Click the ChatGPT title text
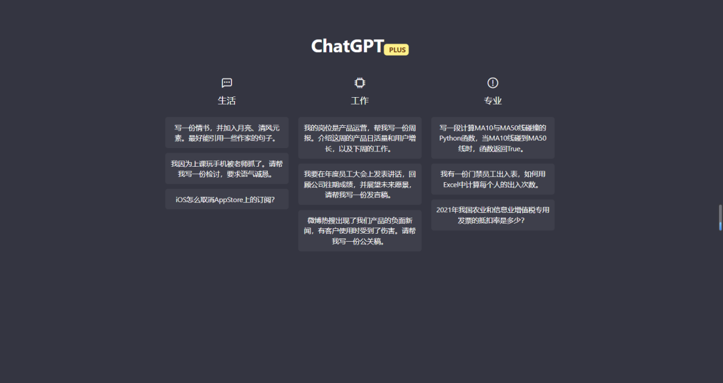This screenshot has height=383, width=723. [x=347, y=46]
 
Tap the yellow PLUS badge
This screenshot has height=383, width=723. [x=396, y=50]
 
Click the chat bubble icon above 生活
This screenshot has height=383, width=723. [x=227, y=82]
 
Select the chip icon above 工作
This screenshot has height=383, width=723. [x=359, y=82]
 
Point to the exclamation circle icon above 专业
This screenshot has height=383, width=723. [x=493, y=82]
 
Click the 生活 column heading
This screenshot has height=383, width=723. [x=227, y=100]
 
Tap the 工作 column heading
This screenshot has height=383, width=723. [x=359, y=100]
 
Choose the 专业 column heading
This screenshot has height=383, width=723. [x=493, y=100]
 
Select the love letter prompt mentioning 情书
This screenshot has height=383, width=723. [x=227, y=133]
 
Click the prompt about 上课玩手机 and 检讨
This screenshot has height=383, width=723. [x=227, y=169]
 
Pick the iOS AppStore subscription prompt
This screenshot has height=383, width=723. [x=227, y=200]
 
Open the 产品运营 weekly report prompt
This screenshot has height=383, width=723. [x=359, y=138]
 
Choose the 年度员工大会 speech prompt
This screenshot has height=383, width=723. [x=359, y=184]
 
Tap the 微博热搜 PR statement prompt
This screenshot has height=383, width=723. [x=359, y=231]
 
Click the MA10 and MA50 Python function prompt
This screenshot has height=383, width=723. [x=493, y=138]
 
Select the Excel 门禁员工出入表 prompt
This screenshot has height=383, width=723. [x=493, y=179]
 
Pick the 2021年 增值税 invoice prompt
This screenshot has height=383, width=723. [x=493, y=215]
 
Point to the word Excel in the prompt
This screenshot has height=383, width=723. [x=452, y=185]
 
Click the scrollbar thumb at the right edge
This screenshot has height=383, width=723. [x=720, y=218]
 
